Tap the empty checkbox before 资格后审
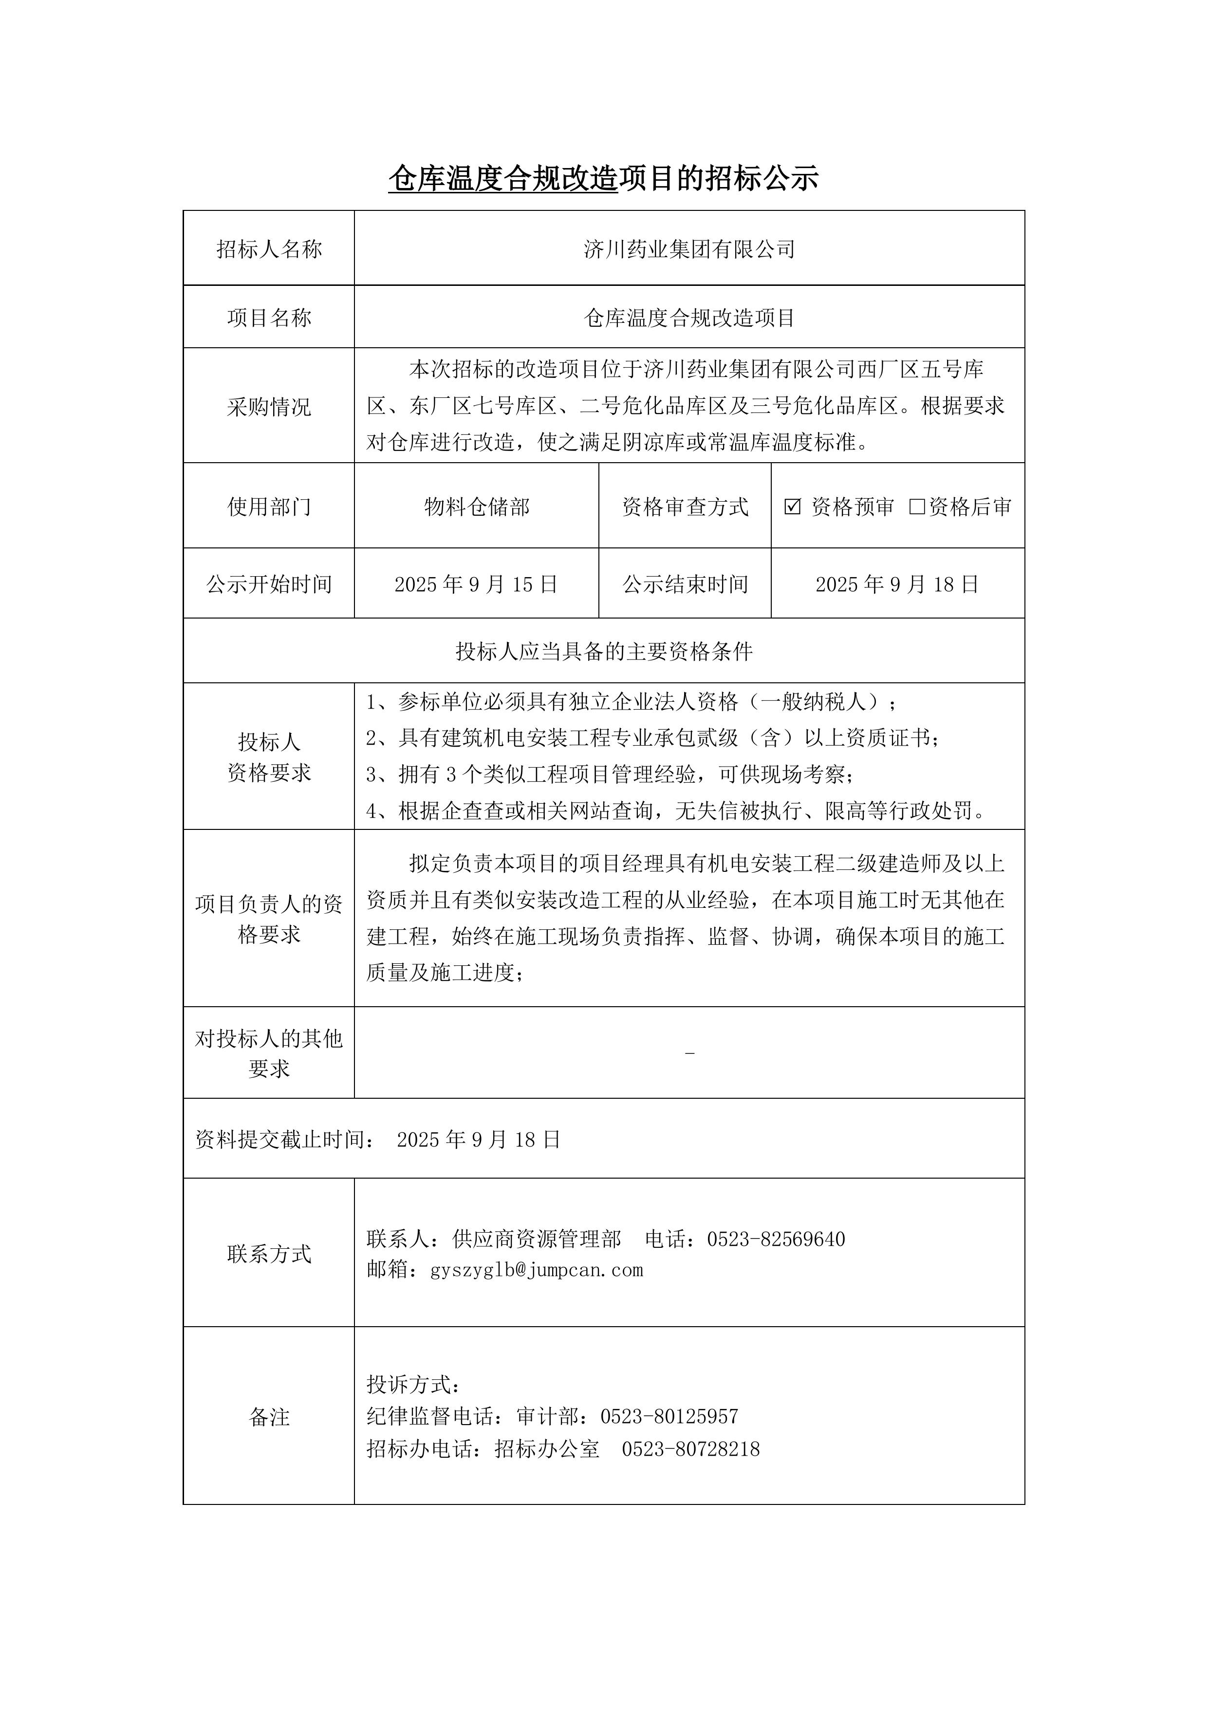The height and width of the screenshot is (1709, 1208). [917, 507]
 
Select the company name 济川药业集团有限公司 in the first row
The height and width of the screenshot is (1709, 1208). [689, 249]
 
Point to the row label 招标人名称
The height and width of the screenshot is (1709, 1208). [269, 249]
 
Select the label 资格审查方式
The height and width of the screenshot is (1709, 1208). [685, 507]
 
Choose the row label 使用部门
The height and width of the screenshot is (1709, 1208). [269, 507]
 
